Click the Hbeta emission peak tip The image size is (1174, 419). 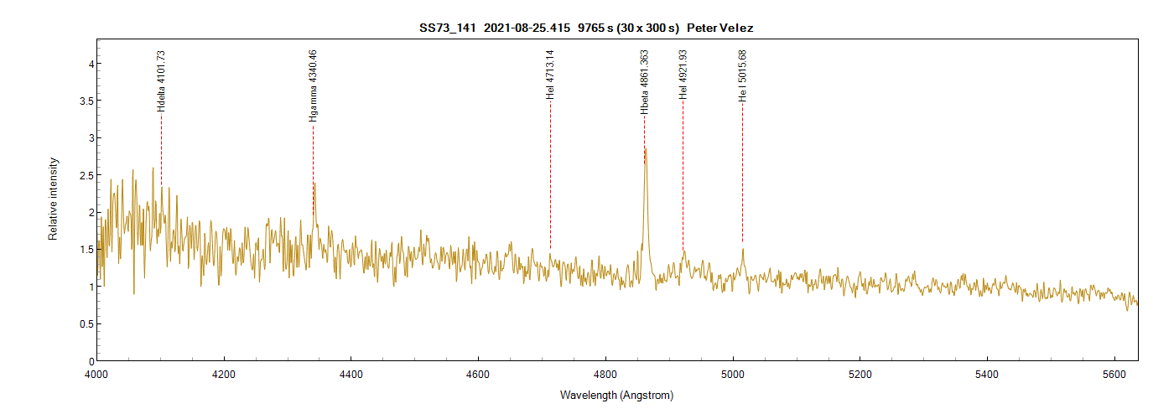(645, 149)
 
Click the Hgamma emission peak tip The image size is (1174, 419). (314, 184)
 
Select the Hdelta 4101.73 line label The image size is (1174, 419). (161, 81)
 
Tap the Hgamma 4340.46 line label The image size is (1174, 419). (313, 86)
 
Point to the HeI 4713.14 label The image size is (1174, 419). (550, 75)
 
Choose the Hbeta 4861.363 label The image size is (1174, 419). (644, 82)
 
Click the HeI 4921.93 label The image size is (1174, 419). (683, 75)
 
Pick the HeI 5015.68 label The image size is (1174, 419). (742, 76)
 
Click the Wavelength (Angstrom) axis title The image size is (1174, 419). (616, 395)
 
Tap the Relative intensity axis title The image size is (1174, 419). (53, 199)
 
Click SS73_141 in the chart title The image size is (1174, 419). (448, 28)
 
